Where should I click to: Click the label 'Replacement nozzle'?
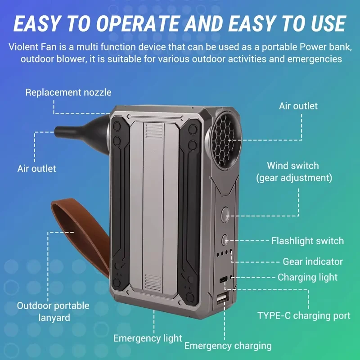tap(68, 93)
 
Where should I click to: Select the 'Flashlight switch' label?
tap(307, 241)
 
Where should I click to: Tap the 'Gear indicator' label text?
tap(313, 261)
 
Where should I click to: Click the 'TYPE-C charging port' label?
tap(304, 315)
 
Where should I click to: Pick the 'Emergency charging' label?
tap(228, 346)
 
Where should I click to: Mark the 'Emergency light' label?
tap(148, 338)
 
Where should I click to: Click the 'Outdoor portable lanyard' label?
tap(53, 311)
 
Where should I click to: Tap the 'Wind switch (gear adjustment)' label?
tap(294, 171)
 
